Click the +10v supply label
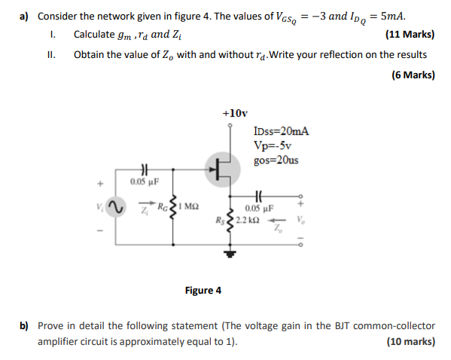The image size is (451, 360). pyautogui.click(x=235, y=113)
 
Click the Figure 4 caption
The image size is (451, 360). pyautogui.click(x=203, y=290)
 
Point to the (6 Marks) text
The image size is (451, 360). pyautogui.click(x=413, y=75)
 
